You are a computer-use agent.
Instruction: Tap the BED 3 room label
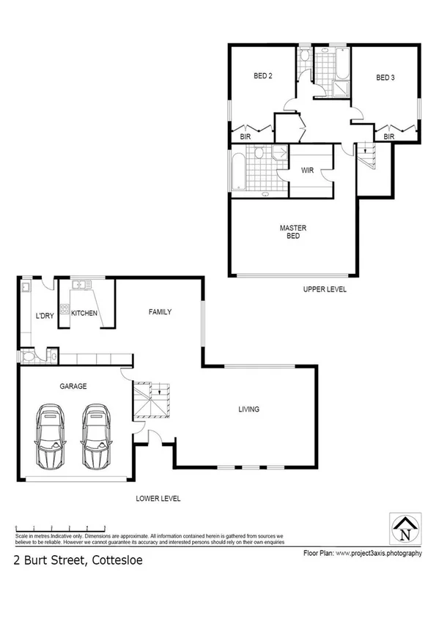[385, 77]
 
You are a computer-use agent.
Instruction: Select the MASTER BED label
[292, 232]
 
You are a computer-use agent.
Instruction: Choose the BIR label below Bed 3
[389, 136]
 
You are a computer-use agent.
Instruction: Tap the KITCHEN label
[84, 313]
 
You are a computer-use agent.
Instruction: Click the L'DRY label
[45, 316]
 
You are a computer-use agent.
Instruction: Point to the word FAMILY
[160, 312]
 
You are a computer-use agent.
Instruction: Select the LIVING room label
[248, 409]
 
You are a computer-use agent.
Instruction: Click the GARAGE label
[73, 386]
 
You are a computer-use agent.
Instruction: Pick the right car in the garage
[96, 436]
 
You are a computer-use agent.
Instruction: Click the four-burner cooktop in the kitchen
[64, 310]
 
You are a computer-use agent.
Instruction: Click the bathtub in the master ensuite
[239, 172]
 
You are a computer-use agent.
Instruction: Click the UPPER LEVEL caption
[325, 290]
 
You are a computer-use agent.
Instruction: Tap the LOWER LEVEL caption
[158, 499]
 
